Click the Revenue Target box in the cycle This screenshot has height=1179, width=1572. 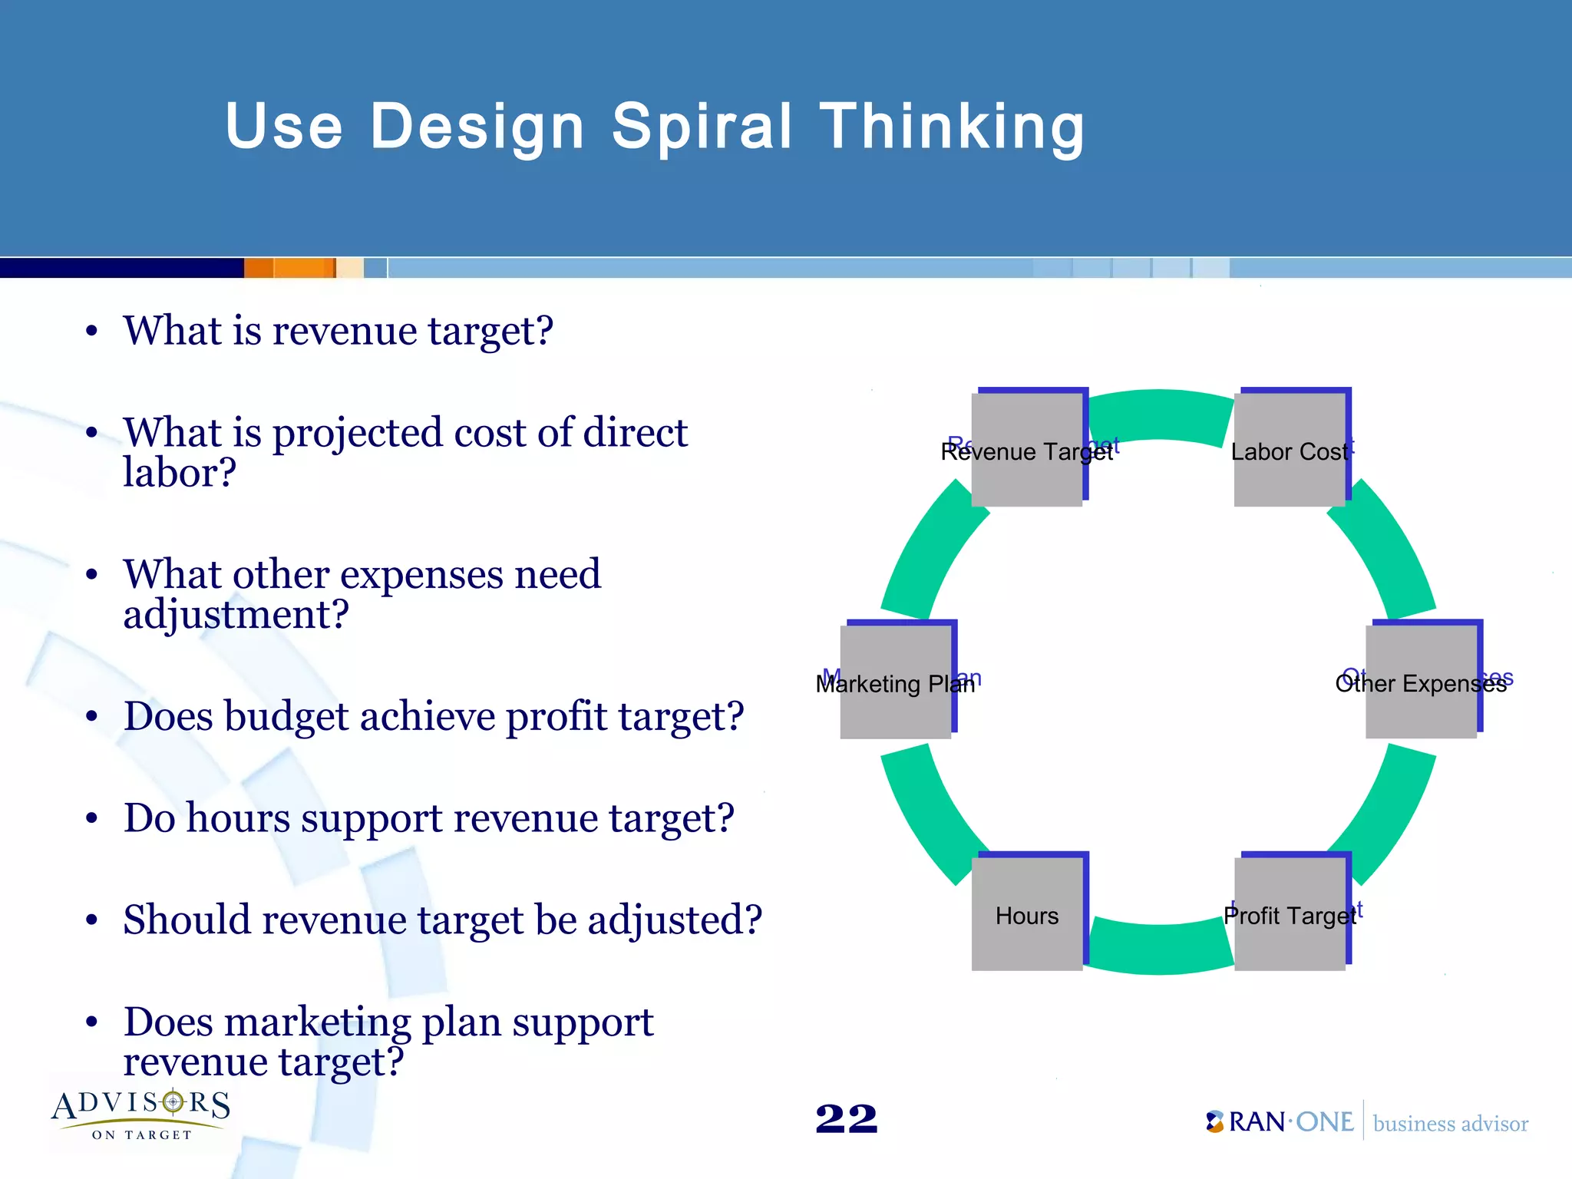tap(1027, 450)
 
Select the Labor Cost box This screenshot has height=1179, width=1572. tap(1290, 450)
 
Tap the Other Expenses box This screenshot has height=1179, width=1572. tap(1421, 682)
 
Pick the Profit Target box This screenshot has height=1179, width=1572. tap(1290, 913)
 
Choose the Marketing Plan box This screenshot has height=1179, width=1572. tap(896, 682)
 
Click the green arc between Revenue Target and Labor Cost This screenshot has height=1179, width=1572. tap(1159, 415)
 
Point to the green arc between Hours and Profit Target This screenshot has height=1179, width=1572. tap(1159, 949)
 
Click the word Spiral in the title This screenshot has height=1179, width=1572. tap(702, 127)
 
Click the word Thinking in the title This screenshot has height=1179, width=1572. tap(953, 127)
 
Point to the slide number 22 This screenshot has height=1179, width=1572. tap(846, 1118)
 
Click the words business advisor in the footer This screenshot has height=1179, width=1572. tap(1450, 1124)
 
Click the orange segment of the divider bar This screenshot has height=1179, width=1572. tap(290, 268)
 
